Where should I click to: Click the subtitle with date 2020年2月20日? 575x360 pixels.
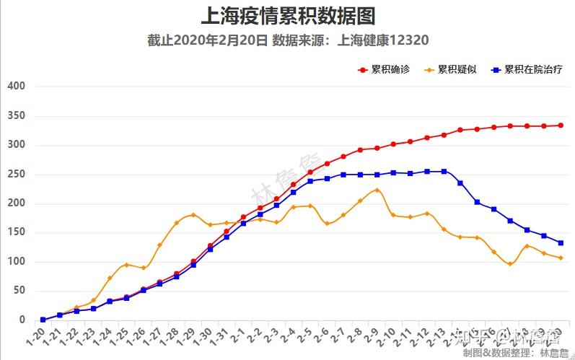point(288,40)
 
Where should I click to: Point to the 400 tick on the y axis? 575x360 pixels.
point(16,87)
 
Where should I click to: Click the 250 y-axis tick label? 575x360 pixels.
point(16,175)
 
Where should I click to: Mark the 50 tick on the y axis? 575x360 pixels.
point(19,291)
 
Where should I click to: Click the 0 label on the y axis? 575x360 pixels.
point(22,320)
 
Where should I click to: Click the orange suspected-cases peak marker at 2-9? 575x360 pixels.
point(377,190)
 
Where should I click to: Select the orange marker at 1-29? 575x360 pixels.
point(193,215)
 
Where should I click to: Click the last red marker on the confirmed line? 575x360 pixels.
point(561,126)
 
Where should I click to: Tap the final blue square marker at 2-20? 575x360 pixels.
point(561,243)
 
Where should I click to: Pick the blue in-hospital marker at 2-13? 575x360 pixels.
point(444,172)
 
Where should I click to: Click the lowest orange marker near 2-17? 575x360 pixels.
point(510,264)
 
